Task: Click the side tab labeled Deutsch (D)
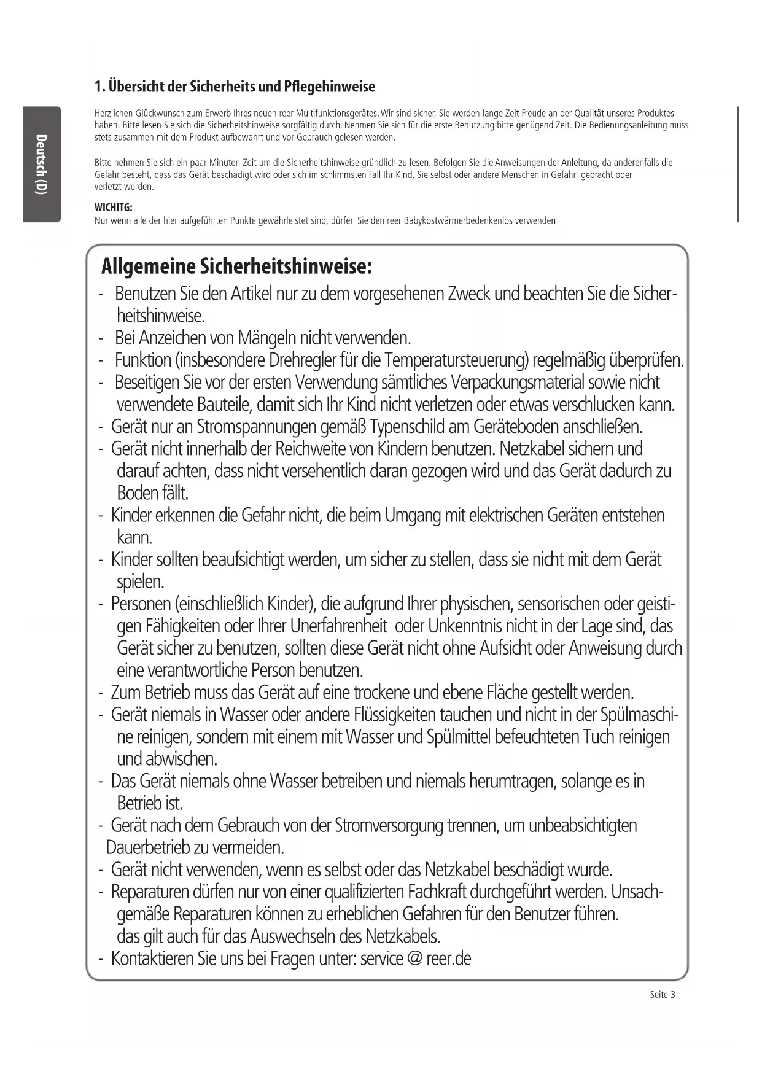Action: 41,164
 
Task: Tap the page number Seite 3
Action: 662,995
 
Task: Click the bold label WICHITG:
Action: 114,208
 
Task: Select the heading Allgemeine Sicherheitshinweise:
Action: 236,267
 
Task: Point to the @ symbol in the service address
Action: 414,958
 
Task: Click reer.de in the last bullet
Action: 448,958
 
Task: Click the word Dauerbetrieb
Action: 148,848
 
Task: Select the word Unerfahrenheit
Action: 338,626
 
